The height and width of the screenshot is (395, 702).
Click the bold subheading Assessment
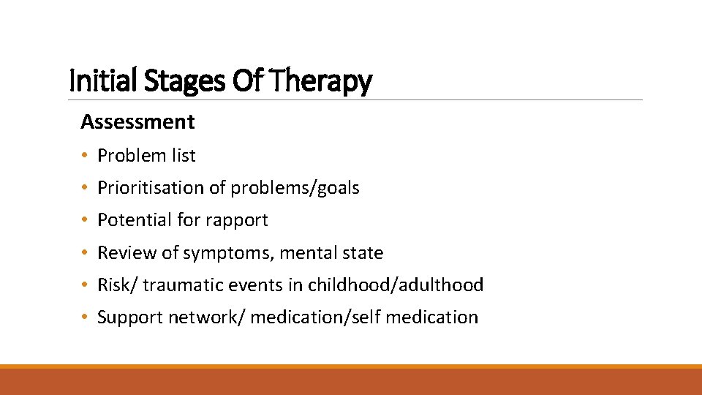[x=137, y=121]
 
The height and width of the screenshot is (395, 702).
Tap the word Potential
[x=130, y=220]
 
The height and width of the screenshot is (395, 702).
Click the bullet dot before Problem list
[x=86, y=156]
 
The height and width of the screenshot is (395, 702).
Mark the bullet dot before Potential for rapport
[x=86, y=221]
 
